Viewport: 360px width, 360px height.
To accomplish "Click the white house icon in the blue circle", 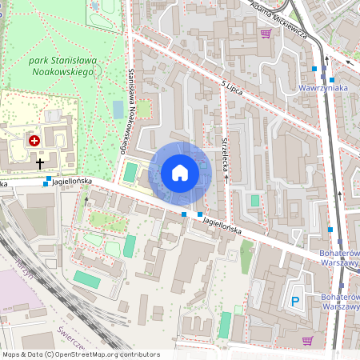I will click(180, 172).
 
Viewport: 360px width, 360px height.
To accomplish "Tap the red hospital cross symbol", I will click(34, 141).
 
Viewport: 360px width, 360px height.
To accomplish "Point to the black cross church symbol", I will click(40, 163).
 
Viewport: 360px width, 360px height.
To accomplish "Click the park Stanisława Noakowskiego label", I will click(62, 66).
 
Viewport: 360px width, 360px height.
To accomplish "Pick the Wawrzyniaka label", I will click(322, 87).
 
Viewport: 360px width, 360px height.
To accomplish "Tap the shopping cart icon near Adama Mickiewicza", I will click(265, 34).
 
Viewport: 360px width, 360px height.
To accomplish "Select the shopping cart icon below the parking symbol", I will click(307, 340).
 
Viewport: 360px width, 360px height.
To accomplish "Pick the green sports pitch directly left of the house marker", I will click(130, 171).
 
